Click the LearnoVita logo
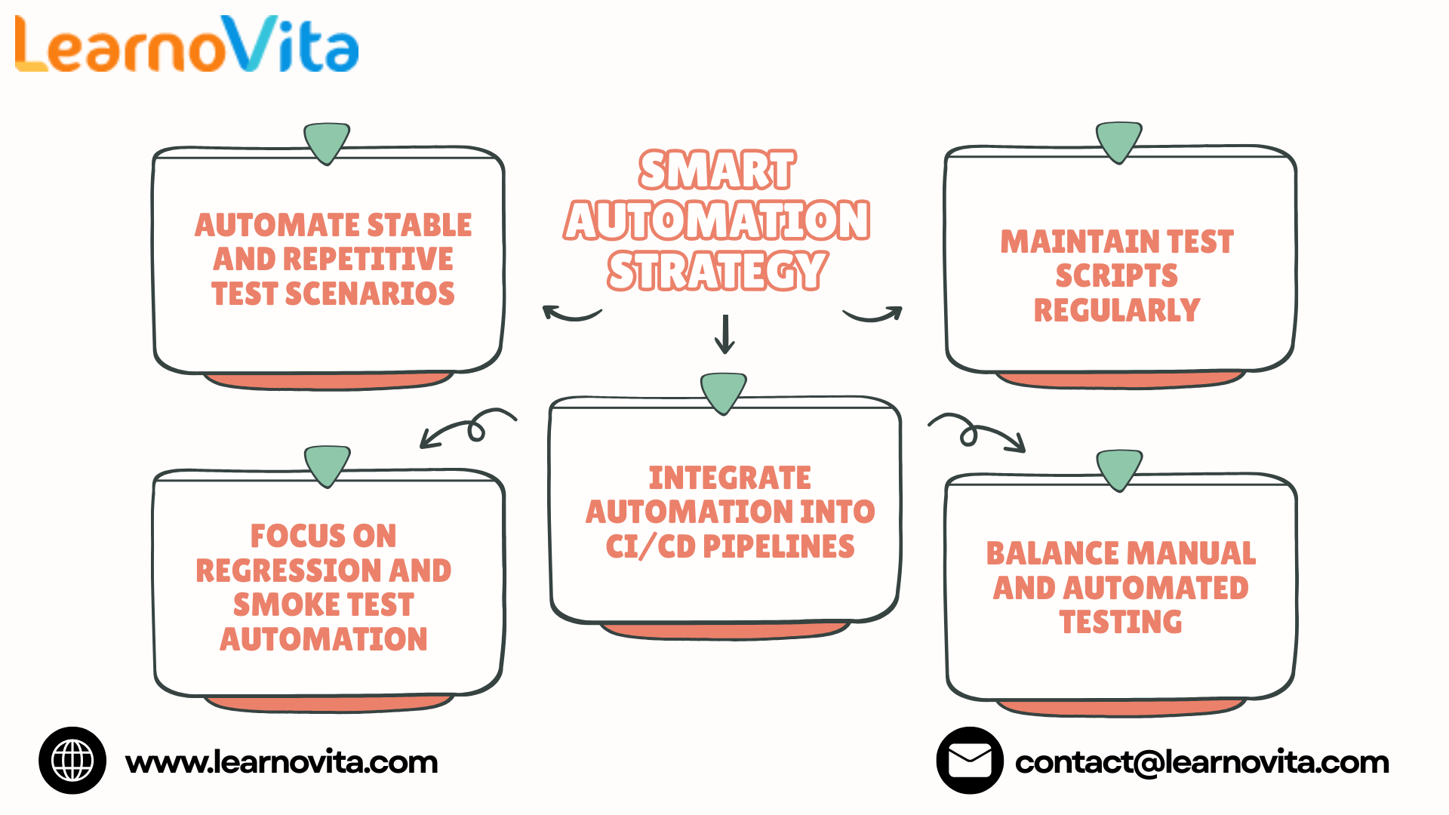click(x=186, y=45)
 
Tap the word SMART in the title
click(x=717, y=170)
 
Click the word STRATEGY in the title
click(x=718, y=271)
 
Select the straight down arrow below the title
click(x=724, y=334)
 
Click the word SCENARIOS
click(x=370, y=294)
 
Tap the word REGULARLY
click(x=1117, y=310)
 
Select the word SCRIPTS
click(x=1117, y=275)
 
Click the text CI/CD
click(x=651, y=547)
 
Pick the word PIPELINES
click(x=779, y=546)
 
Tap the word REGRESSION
click(x=288, y=570)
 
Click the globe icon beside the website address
click(x=72, y=761)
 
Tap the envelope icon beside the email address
click(x=970, y=761)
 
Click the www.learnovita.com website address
click(x=281, y=762)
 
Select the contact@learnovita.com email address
click(x=1202, y=762)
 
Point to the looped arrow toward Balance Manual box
click(x=973, y=432)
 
